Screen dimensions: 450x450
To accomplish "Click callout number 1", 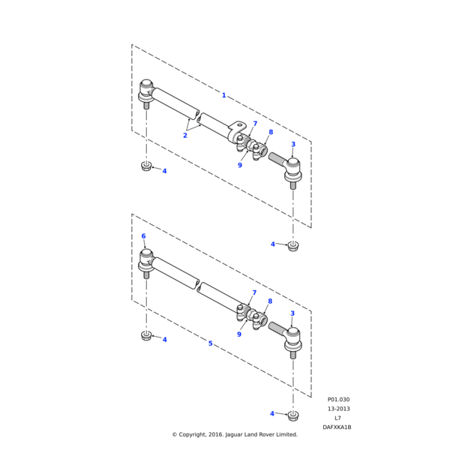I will pos(223,95).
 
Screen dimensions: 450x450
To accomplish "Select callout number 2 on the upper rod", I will pos(184,135).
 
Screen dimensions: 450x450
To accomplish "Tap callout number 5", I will pos(210,343).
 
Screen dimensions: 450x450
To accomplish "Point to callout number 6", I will pos(143,236).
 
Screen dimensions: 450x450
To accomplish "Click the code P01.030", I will pos(338,400).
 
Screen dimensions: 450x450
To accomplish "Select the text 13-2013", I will pos(338,409).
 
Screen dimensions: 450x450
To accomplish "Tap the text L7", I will pos(337,418).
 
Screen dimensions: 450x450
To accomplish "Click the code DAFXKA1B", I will pos(337,427).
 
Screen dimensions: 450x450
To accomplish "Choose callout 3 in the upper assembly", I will pos(292,144).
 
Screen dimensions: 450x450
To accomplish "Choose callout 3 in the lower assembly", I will pos(292,313).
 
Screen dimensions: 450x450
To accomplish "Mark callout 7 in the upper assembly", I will pos(255,124).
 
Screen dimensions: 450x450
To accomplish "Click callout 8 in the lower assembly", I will pos(269,301).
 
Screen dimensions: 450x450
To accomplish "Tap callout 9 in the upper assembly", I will pos(239,165).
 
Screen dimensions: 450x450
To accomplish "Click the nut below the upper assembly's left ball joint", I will pos(146,166).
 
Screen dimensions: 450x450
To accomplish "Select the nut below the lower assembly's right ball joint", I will pos(293,415).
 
